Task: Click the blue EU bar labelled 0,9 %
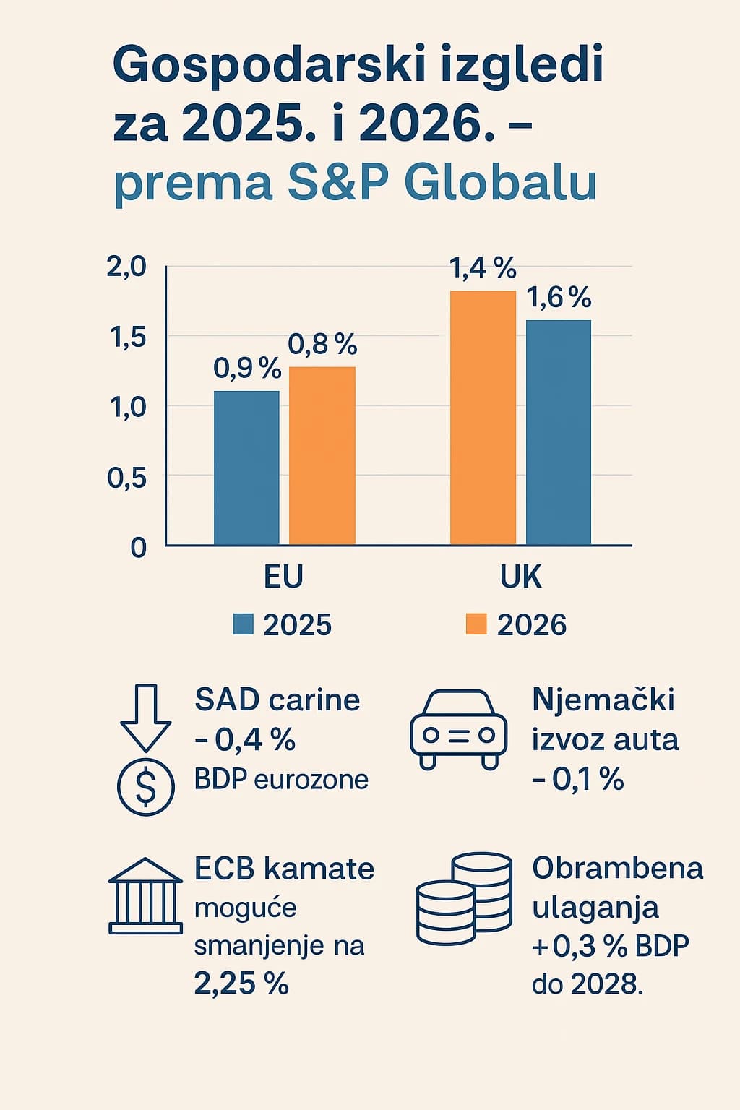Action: click(x=246, y=468)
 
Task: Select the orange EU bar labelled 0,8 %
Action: click(x=322, y=455)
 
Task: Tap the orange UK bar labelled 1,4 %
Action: click(x=483, y=418)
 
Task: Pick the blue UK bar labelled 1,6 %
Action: click(x=558, y=432)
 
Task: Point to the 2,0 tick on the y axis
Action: click(x=126, y=267)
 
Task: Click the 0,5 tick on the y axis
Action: click(x=126, y=478)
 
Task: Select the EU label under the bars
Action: click(x=283, y=577)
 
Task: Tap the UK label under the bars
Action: click(x=520, y=577)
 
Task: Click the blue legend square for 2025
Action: click(x=243, y=624)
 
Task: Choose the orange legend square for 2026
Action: click(x=476, y=624)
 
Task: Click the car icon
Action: click(x=458, y=730)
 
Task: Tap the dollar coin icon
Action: click(x=145, y=787)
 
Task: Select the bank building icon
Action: click(x=145, y=896)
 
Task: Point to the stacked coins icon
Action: click(x=464, y=899)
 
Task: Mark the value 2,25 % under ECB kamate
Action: click(x=241, y=984)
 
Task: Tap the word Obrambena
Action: click(x=617, y=868)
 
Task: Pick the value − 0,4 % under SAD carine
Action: click(x=245, y=740)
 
